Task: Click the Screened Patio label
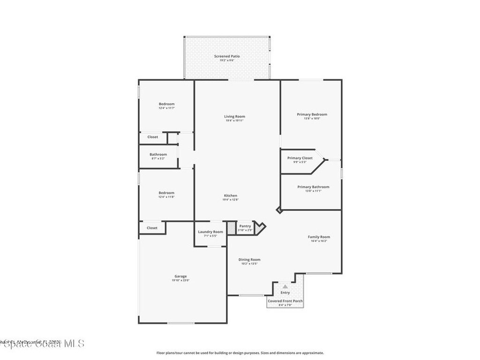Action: pyautogui.click(x=227, y=56)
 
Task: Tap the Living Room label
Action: pyautogui.click(x=234, y=116)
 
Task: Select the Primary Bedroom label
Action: pyautogui.click(x=312, y=114)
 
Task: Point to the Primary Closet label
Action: pyautogui.click(x=300, y=158)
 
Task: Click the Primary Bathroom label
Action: pyautogui.click(x=313, y=187)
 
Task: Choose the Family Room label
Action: pyautogui.click(x=319, y=237)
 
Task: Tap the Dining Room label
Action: pyautogui.click(x=249, y=259)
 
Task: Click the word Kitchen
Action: pyautogui.click(x=230, y=195)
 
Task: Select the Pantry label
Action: pyautogui.click(x=245, y=226)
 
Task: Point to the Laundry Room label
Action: pyautogui.click(x=210, y=232)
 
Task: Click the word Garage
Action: pyautogui.click(x=180, y=276)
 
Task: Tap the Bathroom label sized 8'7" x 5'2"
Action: pyautogui.click(x=158, y=154)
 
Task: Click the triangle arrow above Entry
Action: pyautogui.click(x=285, y=286)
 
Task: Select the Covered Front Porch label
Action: pyautogui.click(x=285, y=301)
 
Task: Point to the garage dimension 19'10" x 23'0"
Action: pyautogui.click(x=180, y=280)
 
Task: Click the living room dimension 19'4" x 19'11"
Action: pyautogui.click(x=234, y=120)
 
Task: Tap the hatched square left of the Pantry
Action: pyautogui.click(x=231, y=228)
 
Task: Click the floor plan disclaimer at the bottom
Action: pyautogui.click(x=240, y=353)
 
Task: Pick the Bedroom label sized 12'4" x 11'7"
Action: pyautogui.click(x=166, y=104)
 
